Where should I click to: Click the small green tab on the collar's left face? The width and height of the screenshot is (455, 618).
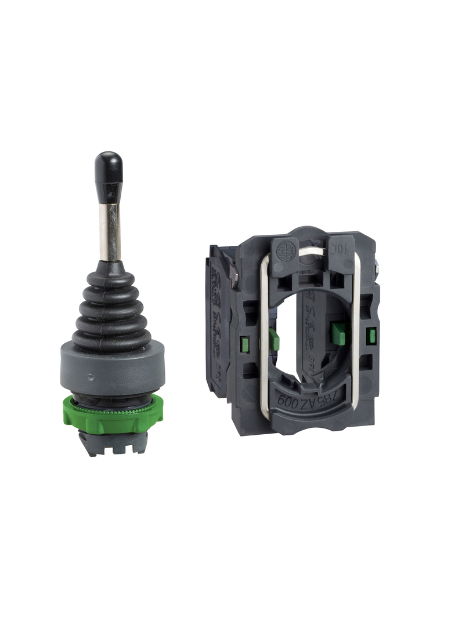(x=244, y=344)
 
